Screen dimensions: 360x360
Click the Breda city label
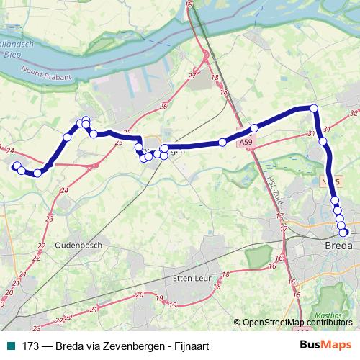(339, 246)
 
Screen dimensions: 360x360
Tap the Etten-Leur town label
(192, 279)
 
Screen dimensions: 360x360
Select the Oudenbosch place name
(79, 245)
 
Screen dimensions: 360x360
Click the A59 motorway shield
(247, 143)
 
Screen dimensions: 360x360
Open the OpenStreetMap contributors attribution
(297, 323)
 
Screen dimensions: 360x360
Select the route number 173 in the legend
(30, 346)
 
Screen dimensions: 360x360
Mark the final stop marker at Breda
(344, 232)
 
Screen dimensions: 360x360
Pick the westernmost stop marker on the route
(16, 166)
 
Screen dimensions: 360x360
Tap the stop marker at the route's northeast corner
(314, 108)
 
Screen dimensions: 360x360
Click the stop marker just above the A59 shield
(253, 128)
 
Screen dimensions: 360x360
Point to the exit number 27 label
(192, 76)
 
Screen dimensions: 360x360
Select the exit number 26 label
(164, 107)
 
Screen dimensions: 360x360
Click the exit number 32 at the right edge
(353, 113)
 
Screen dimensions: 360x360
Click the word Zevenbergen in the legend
(125, 346)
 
